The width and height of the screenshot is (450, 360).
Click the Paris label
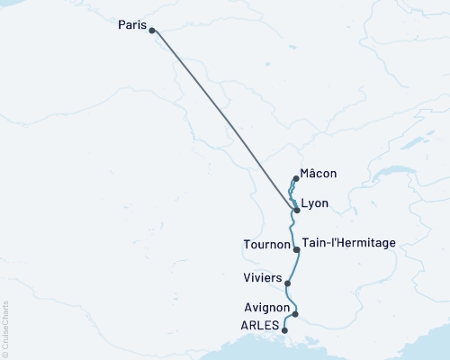[131, 26]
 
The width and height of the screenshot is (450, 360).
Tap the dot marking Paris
[151, 31]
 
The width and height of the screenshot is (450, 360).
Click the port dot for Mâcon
[295, 178]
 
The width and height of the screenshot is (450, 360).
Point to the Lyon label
[315, 204]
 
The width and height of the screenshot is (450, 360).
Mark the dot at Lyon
[296, 210]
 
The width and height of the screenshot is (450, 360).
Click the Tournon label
[266, 244]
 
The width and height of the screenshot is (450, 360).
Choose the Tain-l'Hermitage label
[346, 243]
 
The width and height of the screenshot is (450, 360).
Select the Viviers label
[261, 277]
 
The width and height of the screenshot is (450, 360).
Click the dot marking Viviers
[287, 283]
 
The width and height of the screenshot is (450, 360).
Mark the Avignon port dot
[295, 314]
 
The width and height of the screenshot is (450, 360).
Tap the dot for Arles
[285, 330]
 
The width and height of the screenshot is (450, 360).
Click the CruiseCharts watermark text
[5, 329]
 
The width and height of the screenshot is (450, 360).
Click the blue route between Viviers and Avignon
[289, 299]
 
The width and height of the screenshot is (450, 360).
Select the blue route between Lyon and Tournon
[297, 229]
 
